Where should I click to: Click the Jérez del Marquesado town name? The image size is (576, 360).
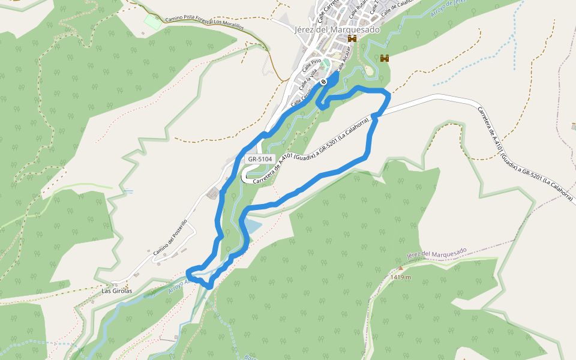[338, 29]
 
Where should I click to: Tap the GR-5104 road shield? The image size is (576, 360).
[260, 160]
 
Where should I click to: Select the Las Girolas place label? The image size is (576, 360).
[116, 291]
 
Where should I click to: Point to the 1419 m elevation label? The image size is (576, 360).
[400, 277]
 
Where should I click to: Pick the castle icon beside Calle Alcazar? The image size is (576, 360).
[352, 38]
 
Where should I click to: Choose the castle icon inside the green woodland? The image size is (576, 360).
[385, 58]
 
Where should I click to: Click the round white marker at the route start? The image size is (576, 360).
[323, 82]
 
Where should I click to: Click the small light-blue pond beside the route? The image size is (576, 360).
[252, 226]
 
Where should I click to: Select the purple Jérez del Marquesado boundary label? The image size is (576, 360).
[436, 254]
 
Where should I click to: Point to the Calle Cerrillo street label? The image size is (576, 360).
[301, 97]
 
